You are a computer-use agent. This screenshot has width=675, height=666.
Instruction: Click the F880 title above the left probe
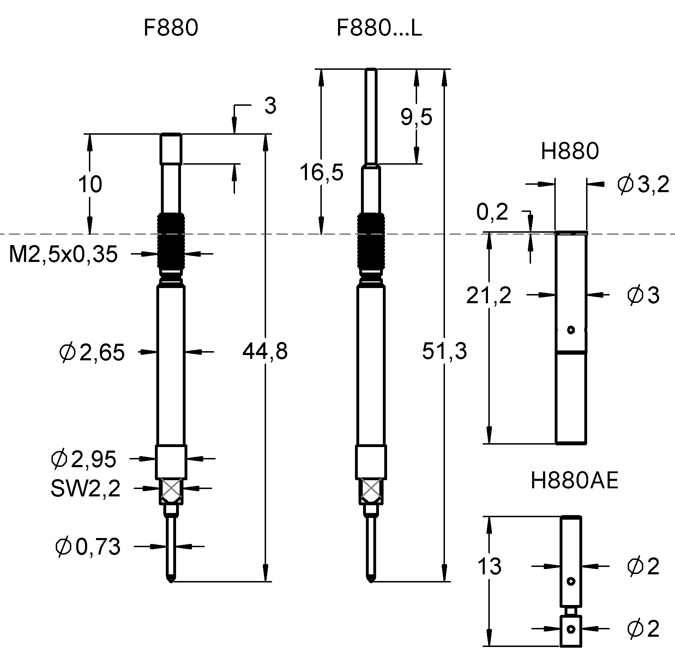click(x=171, y=28)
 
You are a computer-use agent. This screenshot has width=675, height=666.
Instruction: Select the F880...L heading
click(x=379, y=28)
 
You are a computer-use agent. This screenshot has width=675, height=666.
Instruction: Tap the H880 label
click(x=570, y=151)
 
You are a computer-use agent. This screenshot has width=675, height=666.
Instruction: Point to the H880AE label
click(x=574, y=481)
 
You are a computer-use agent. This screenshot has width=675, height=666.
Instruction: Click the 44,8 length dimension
click(x=265, y=352)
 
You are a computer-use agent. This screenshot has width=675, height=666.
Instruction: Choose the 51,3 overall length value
click(x=445, y=351)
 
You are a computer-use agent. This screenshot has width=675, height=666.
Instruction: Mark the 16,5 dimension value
click(x=321, y=173)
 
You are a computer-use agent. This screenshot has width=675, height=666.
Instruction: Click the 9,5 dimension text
click(x=416, y=117)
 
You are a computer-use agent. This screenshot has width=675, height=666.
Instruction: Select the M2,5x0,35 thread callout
click(x=63, y=254)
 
